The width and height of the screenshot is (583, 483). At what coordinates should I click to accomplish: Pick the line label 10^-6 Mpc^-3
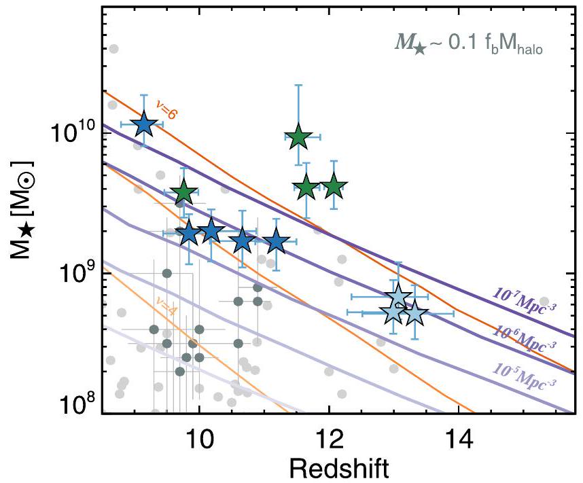tap(523, 332)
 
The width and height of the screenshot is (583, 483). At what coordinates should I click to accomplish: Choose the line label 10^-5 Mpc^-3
tap(522, 372)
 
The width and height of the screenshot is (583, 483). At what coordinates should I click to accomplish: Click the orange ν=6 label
tap(166, 109)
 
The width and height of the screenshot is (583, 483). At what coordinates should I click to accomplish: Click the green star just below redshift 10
tap(183, 193)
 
